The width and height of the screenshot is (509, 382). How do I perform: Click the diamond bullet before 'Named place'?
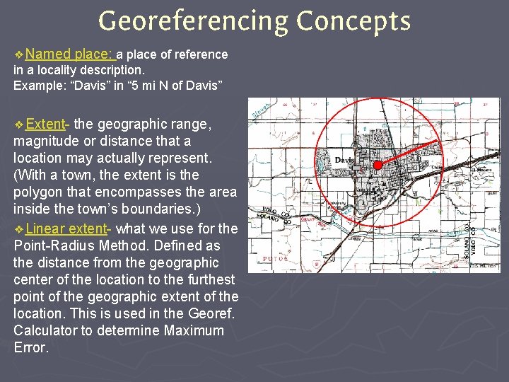[x=18, y=54]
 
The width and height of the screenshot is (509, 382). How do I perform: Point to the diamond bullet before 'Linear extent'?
[x=18, y=229]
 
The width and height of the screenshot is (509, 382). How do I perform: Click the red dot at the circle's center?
[x=378, y=165]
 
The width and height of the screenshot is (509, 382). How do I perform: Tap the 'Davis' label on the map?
[x=344, y=160]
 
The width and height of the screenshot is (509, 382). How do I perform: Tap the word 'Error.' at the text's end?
[x=32, y=347]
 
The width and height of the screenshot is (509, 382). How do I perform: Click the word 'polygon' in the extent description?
[x=38, y=192]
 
